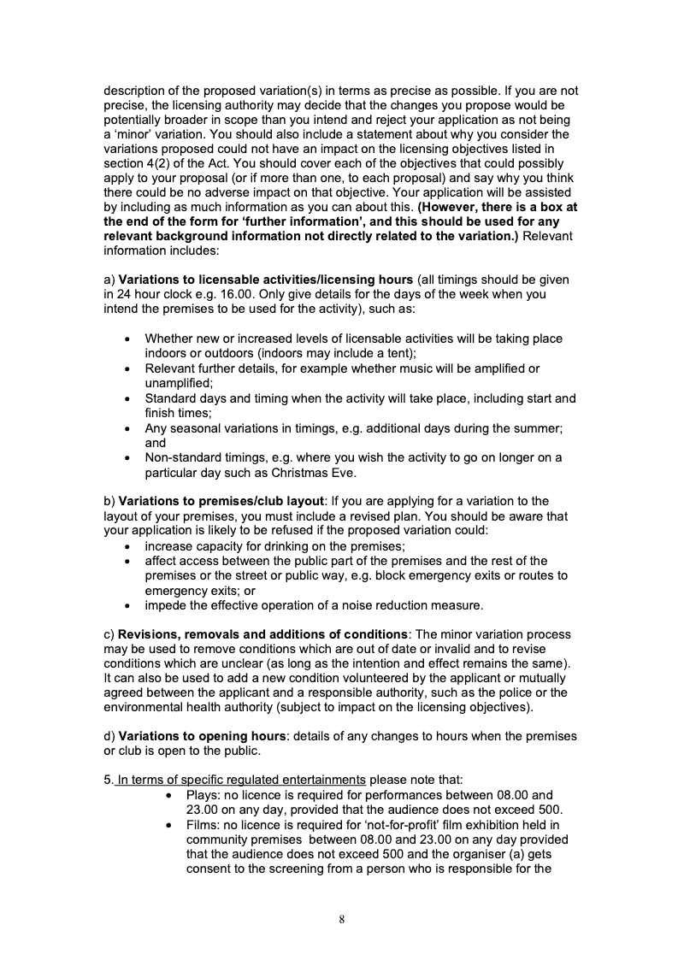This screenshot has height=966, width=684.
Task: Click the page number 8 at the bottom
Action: [342, 920]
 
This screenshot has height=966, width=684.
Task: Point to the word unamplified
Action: [179, 384]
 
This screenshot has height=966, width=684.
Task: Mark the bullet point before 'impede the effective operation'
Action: [127, 605]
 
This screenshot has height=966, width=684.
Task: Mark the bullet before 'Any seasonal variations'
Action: [127, 428]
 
